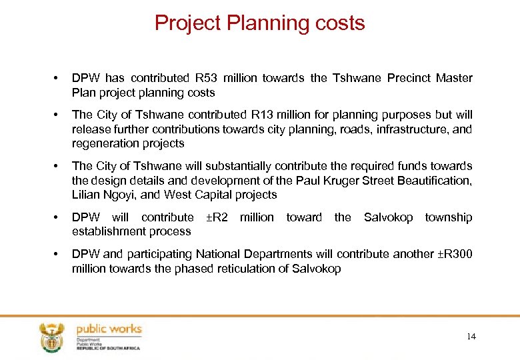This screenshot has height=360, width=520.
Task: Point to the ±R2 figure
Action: pos(217,217)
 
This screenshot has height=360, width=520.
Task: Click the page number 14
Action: pos(471,337)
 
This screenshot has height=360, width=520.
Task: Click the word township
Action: pos(448,217)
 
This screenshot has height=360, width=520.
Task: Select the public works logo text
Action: pos(109,329)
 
